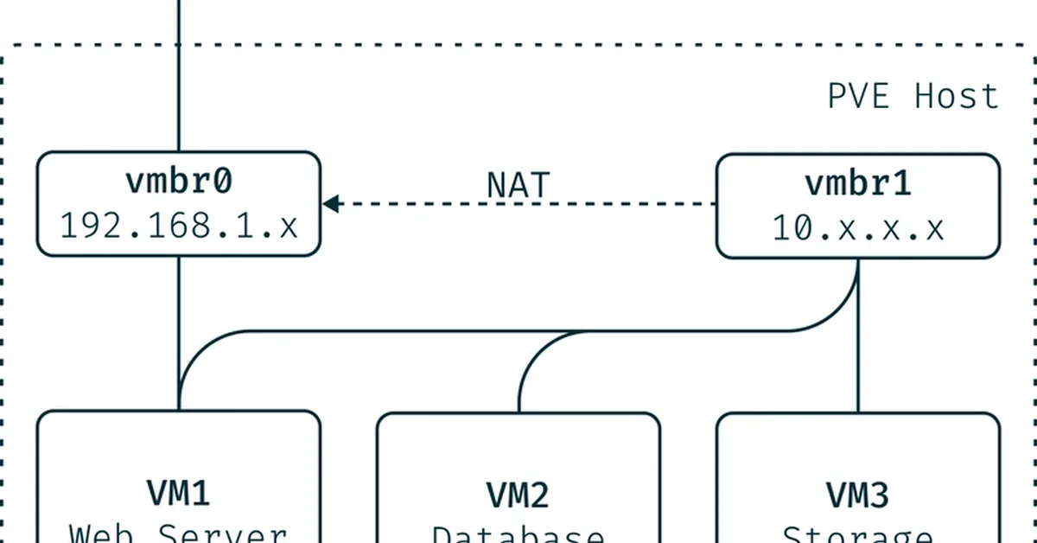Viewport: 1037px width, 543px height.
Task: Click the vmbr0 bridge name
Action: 179,183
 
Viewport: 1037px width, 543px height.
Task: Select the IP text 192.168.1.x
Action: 179,226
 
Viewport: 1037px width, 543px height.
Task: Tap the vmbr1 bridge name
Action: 858,185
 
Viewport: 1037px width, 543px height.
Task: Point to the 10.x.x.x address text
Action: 858,228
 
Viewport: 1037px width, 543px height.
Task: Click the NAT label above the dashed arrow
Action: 518,185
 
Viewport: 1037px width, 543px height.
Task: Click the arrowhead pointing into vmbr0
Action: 331,204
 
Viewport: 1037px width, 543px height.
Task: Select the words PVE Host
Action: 913,96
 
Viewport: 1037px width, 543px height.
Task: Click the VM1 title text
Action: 179,495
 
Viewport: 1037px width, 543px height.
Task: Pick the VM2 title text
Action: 518,495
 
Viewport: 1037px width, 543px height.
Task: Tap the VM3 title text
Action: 858,495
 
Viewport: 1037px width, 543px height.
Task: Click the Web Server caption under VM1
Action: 179,533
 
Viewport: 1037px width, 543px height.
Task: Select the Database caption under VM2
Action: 518,534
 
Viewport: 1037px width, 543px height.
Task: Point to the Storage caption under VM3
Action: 858,534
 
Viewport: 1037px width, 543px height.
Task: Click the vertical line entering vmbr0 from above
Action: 179,78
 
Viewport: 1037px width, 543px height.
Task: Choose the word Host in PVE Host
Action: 957,96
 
